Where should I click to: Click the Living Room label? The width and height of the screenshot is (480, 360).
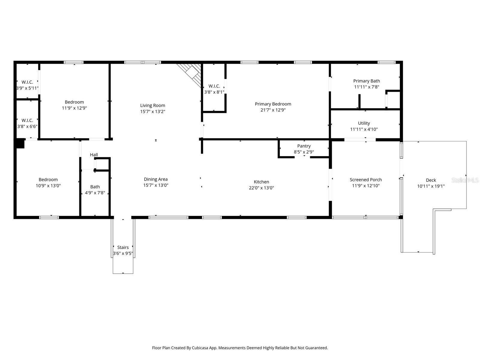[153, 105]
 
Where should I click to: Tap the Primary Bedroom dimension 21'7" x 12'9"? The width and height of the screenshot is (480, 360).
[273, 110]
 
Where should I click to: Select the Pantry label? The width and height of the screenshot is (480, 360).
[304, 146]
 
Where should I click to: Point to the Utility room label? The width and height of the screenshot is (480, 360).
[364, 123]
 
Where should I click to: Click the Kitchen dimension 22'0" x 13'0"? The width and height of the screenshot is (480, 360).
[261, 188]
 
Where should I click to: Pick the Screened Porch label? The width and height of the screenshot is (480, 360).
[366, 180]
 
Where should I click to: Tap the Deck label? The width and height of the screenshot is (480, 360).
[431, 180]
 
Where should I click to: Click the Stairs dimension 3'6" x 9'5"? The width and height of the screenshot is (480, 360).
[123, 253]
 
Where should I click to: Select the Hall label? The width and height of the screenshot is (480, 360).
[94, 155]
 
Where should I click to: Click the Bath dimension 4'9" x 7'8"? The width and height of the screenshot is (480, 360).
[95, 193]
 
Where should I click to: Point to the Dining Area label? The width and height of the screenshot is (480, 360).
[156, 179]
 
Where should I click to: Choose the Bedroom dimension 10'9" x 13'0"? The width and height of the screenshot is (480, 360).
[48, 186]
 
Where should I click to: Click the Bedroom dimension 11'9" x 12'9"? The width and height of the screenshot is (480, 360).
[74, 108]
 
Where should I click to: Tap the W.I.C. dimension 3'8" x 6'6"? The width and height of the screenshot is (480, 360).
[27, 127]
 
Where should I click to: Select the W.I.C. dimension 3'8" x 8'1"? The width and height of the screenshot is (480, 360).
[214, 92]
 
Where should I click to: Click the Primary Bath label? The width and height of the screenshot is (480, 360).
[367, 81]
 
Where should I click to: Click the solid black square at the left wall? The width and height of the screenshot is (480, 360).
[20, 143]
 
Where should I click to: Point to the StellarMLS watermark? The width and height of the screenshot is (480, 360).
[465, 180]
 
